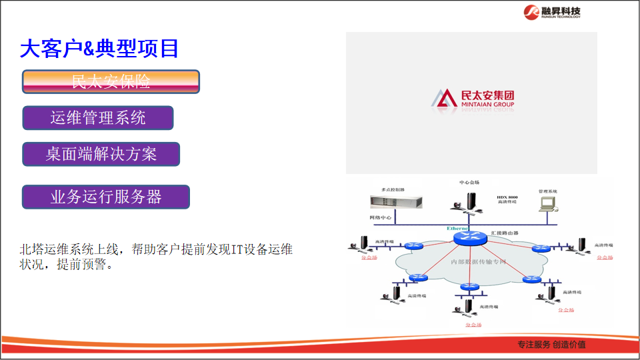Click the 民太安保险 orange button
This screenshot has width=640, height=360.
coord(111,81)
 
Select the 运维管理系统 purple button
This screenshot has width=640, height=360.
coord(98,118)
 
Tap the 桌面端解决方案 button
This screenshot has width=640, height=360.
coord(101,154)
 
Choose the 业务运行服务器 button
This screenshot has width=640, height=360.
coord(106,197)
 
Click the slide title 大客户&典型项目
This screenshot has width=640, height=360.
coord(99,48)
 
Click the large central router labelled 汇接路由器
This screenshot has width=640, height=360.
coord(469,237)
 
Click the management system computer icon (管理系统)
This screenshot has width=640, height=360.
coord(548,202)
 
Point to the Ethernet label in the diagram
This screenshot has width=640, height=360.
coord(459,229)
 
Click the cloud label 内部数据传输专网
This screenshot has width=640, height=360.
coord(478,261)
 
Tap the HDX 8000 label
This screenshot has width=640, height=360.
coord(507,198)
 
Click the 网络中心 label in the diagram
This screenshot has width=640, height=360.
coord(381,218)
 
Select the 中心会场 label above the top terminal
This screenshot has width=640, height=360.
coord(469,182)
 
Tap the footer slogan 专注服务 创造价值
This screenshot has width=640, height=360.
coord(551,345)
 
